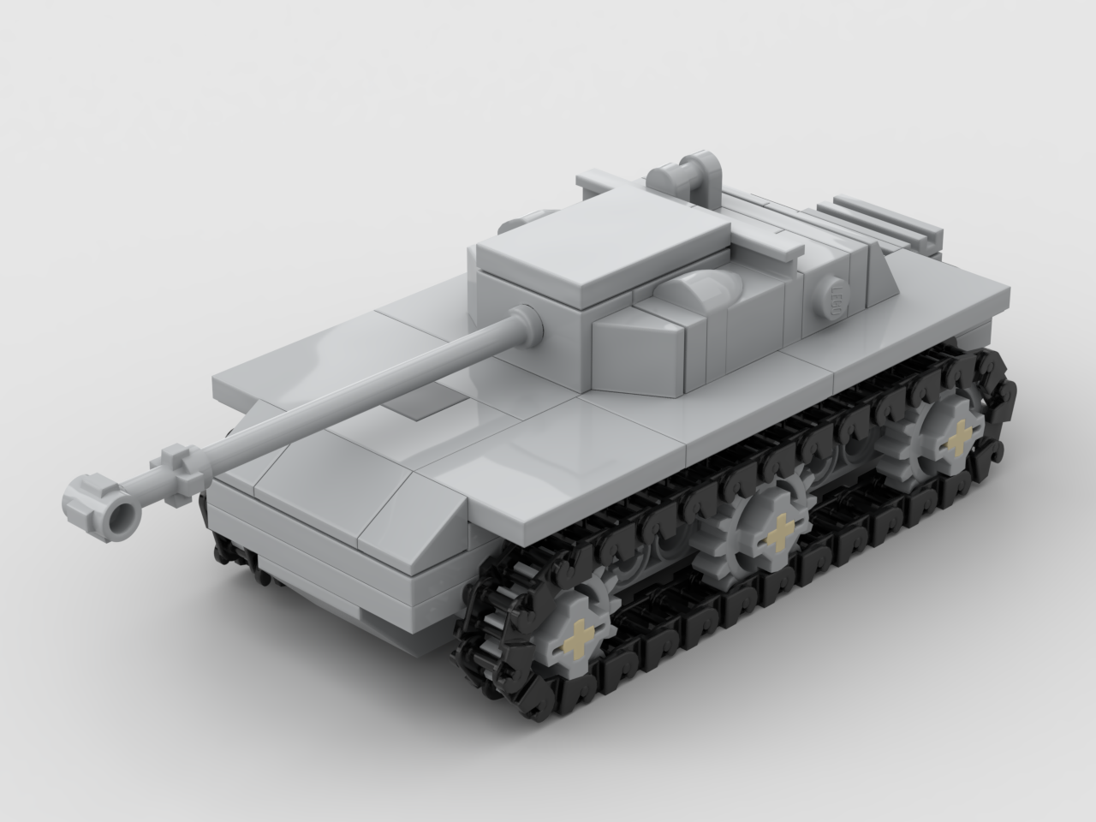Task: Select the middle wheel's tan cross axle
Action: click(780, 536)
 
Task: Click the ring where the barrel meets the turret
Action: click(526, 323)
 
